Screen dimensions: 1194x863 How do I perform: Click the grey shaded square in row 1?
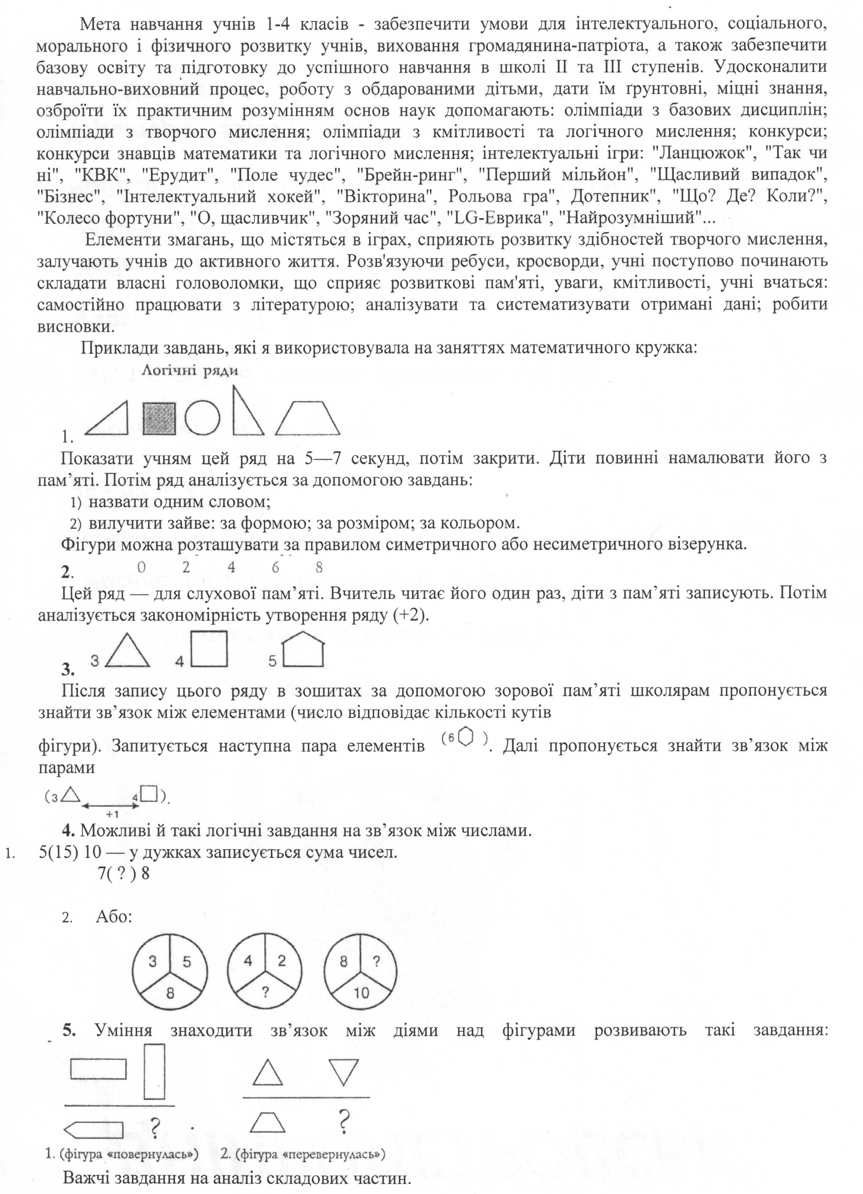coord(160,418)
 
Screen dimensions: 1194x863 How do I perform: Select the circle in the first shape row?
coord(202,418)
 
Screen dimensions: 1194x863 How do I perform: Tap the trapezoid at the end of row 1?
coord(308,419)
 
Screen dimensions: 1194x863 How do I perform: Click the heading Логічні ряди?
coord(190,371)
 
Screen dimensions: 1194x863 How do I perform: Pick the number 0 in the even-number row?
coord(141,567)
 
